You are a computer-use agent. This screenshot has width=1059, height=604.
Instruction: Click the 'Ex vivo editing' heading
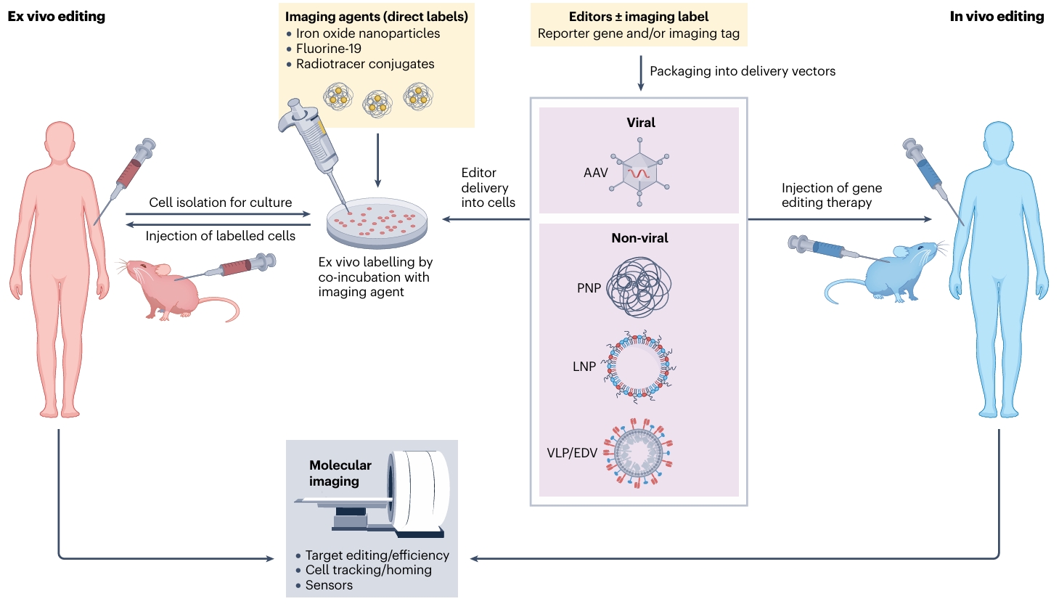coord(56,16)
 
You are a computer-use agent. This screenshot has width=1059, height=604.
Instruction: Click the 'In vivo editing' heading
coord(997,16)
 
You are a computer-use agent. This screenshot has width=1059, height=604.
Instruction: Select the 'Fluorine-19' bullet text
coord(328,49)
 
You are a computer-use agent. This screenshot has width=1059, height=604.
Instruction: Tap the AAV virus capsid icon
coord(639,173)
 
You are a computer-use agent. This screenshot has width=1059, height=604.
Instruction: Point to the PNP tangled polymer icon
coord(639,287)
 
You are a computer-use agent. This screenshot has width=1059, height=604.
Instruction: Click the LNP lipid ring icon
coord(639,366)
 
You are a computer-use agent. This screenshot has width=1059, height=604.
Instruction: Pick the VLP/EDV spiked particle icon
coord(639,452)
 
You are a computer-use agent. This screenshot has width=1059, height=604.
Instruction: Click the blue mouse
coord(900,272)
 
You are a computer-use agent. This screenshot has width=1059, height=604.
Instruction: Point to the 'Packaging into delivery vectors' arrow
coord(640,73)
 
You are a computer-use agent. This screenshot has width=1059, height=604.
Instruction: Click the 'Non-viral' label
coord(639,238)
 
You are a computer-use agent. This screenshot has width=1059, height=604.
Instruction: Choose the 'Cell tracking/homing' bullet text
coord(368,570)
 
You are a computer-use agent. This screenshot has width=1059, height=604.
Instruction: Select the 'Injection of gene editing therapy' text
coord(831,195)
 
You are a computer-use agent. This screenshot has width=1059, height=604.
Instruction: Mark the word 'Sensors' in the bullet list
coord(329,585)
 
